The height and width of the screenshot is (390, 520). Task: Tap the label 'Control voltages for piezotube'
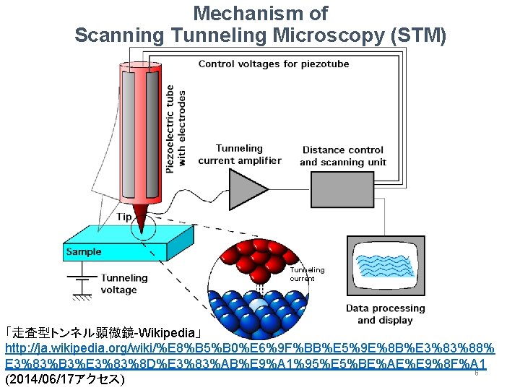(x=274, y=64)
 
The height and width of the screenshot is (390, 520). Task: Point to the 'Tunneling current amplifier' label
(x=239, y=155)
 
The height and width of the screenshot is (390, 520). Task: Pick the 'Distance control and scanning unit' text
(x=343, y=156)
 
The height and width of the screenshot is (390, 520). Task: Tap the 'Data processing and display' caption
(x=385, y=314)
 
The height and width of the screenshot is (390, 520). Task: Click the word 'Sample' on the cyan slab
(x=84, y=252)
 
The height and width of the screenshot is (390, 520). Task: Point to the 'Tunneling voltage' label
(x=123, y=284)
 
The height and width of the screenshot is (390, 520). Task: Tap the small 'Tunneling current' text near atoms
(x=307, y=274)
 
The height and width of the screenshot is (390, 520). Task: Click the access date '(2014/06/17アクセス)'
(x=64, y=379)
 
